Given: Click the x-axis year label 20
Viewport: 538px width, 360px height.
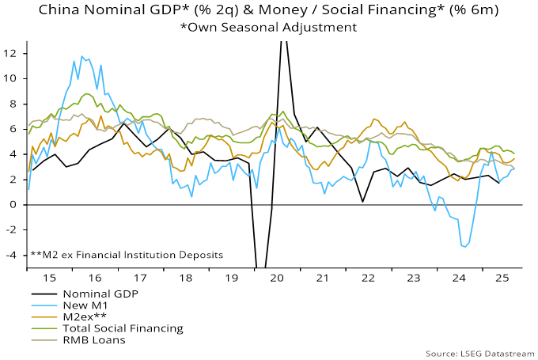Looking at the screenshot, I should click(x=277, y=279).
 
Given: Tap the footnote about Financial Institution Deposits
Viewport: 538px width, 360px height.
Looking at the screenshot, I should click(x=127, y=255).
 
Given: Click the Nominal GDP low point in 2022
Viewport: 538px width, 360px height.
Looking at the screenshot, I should click(x=362, y=202).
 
